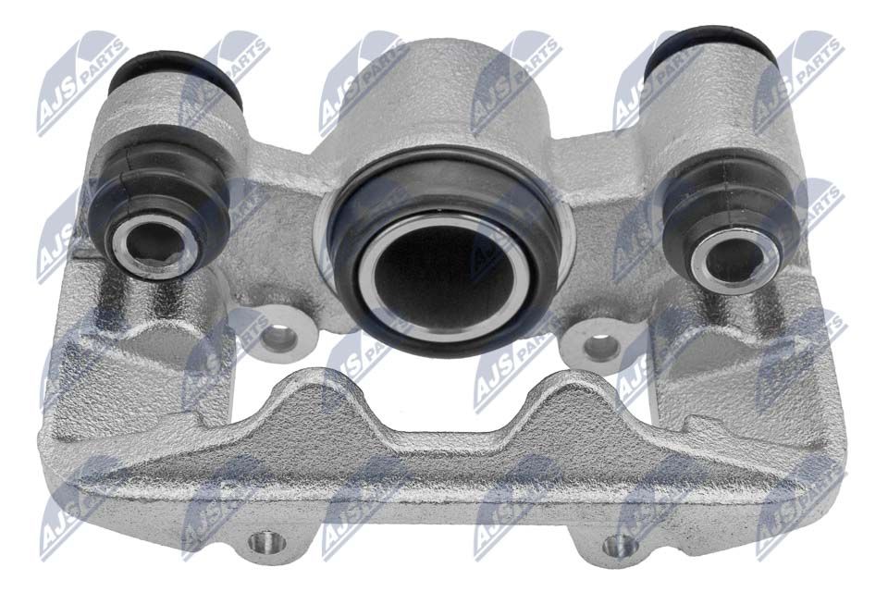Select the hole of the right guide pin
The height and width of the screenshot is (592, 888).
pos(734,259)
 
